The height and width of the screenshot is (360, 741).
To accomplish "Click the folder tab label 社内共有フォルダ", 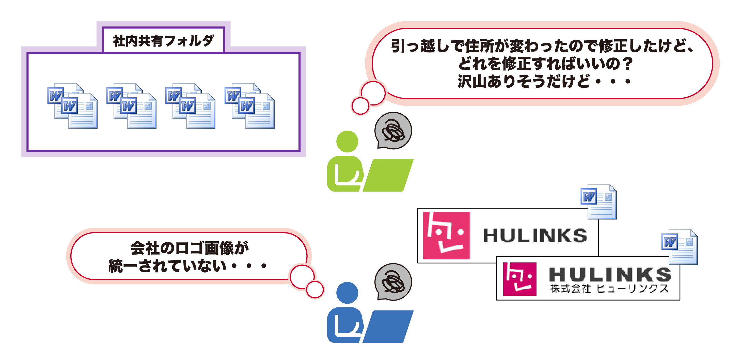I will (x=163, y=41).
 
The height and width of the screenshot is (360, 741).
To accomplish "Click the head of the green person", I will (x=347, y=141).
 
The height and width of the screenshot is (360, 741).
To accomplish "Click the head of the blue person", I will (x=347, y=292).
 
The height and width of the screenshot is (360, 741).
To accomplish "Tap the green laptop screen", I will (x=388, y=175).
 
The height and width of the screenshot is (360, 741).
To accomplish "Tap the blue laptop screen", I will (x=388, y=326).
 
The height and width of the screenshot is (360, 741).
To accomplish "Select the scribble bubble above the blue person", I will (x=393, y=282).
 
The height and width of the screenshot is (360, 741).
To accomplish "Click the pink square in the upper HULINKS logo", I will (x=446, y=236).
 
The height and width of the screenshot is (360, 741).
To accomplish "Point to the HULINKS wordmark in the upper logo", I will (x=535, y=236).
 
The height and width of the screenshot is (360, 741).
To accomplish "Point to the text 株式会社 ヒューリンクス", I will (x=609, y=288).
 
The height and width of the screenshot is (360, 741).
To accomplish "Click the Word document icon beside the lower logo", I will (x=680, y=247).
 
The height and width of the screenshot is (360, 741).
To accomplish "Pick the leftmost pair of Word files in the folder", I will (x=72, y=106).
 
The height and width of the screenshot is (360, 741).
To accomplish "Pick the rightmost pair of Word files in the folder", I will (x=249, y=106).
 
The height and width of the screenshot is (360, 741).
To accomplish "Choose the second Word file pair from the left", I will (x=131, y=106).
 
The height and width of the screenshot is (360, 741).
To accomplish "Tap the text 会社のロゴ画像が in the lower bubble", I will (x=190, y=248).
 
